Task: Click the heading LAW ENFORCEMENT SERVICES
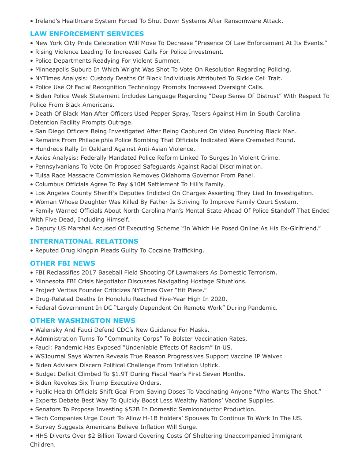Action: point(87,34)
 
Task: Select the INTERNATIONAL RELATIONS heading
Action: point(84,241)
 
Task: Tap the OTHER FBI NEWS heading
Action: point(63,263)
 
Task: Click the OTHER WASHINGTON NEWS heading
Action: point(82,321)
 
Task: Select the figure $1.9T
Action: point(132,374)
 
